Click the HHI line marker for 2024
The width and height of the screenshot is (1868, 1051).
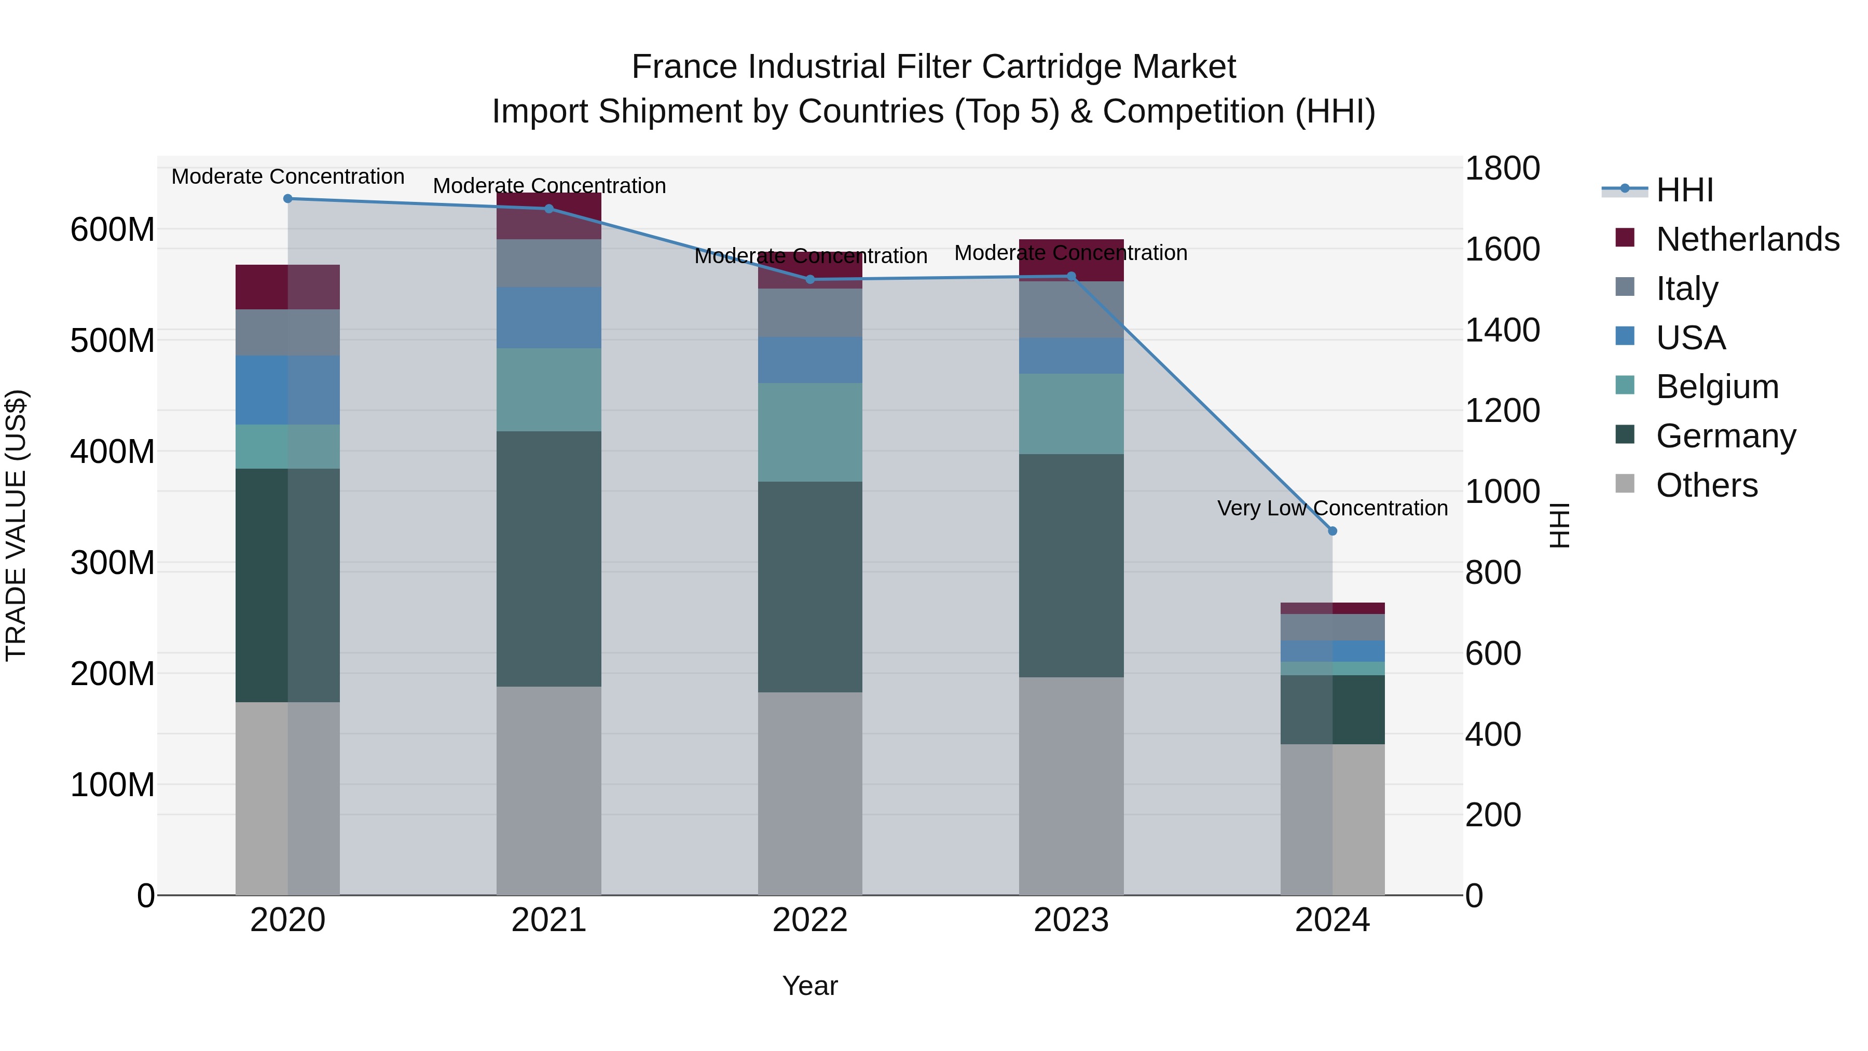(x=1332, y=531)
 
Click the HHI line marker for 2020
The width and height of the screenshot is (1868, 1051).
(x=288, y=198)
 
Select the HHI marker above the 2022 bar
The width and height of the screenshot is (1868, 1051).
(x=810, y=279)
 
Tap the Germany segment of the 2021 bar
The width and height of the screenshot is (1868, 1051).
(x=549, y=558)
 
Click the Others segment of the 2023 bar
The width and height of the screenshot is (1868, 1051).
(x=1071, y=786)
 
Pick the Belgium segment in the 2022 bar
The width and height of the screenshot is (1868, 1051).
(x=810, y=432)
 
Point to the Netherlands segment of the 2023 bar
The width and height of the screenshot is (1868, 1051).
(x=1071, y=260)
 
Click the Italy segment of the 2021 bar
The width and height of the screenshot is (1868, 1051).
(x=549, y=263)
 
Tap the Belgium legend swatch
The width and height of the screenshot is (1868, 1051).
(x=1625, y=385)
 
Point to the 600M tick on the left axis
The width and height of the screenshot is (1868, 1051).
(x=113, y=230)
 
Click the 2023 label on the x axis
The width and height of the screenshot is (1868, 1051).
(x=1071, y=920)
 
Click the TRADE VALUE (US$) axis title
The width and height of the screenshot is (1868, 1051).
(x=17, y=525)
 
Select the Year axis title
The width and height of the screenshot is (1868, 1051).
(x=810, y=986)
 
